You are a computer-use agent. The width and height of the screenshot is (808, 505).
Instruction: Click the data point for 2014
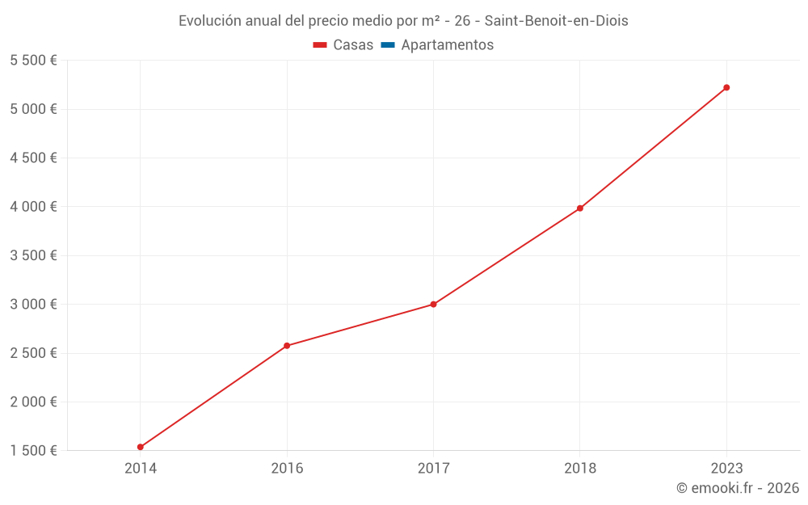[141, 447]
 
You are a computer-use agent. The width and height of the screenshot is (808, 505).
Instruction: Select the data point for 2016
[287, 346]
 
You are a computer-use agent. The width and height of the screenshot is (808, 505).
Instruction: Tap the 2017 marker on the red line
[434, 305]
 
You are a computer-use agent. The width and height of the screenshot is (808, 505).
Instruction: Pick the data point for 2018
[580, 208]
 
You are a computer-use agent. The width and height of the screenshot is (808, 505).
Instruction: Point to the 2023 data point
[726, 87]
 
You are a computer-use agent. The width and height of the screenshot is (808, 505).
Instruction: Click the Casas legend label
[353, 45]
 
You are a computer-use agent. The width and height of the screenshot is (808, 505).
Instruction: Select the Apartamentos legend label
[447, 45]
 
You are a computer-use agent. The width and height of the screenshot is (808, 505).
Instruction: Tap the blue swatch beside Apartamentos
[388, 45]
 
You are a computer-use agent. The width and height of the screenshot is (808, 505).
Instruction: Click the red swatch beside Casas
[320, 45]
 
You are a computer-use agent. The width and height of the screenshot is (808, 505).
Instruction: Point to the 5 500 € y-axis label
[33, 61]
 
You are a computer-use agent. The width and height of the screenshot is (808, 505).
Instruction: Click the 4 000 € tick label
[33, 207]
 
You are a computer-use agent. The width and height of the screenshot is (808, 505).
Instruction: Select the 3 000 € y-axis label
[33, 305]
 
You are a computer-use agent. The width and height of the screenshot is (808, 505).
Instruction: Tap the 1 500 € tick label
[33, 451]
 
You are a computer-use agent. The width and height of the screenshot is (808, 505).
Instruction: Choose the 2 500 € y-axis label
[33, 353]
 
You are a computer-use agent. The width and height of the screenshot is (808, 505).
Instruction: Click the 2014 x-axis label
[141, 468]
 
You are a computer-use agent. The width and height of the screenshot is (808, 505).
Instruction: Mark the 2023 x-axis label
[726, 468]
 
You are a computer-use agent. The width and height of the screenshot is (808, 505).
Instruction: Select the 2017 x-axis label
[434, 468]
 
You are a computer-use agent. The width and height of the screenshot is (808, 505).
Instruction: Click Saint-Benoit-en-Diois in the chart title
[556, 21]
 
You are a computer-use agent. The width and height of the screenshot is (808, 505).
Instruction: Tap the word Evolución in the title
[209, 21]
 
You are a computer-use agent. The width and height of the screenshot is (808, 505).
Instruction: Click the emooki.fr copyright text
[738, 488]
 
